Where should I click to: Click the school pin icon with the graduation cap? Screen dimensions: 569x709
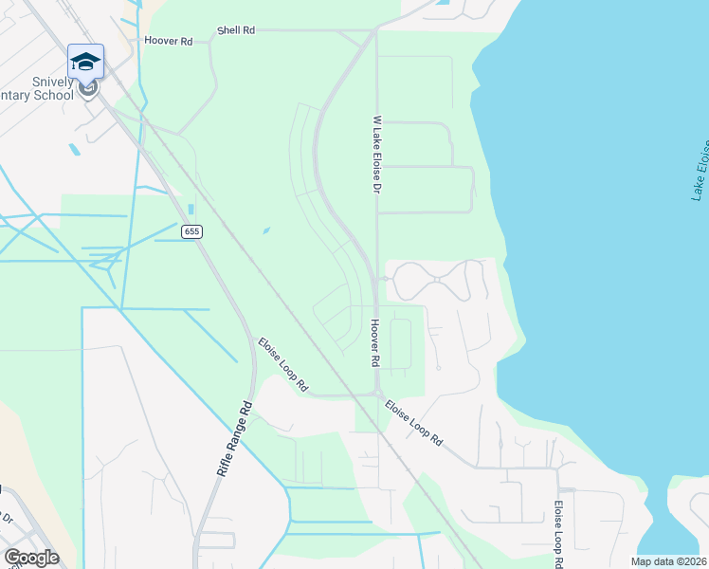pyautogui.click(x=85, y=62)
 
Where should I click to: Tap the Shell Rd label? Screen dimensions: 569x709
pyautogui.click(x=236, y=30)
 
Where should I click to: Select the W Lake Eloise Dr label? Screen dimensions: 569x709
pyautogui.click(x=376, y=155)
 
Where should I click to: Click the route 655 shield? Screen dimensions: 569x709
pyautogui.click(x=192, y=231)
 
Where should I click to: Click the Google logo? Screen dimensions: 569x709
pyautogui.click(x=31, y=558)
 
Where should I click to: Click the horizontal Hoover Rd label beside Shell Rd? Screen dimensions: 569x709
pyautogui.click(x=168, y=42)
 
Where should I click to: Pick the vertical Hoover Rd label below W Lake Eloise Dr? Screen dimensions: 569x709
pyautogui.click(x=375, y=343)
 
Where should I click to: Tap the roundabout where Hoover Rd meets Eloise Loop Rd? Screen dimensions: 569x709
pyautogui.click(x=376, y=394)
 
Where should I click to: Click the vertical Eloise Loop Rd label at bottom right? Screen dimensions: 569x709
pyautogui.click(x=559, y=533)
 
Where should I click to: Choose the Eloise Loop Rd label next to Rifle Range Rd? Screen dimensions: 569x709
pyautogui.click(x=283, y=364)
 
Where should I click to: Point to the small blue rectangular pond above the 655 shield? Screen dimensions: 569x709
pyautogui.click(x=191, y=210)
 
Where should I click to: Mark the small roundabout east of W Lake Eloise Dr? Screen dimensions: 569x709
pyautogui.click(x=384, y=279)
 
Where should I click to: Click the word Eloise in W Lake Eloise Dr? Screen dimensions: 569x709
pyautogui.click(x=376, y=167)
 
